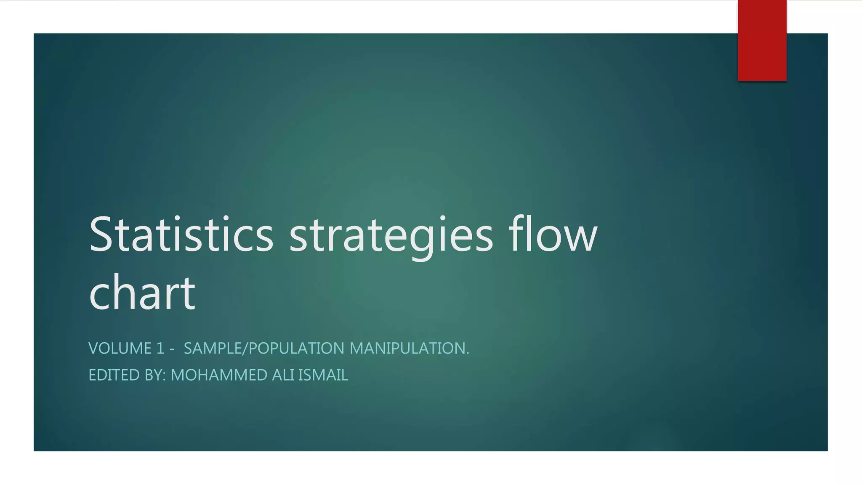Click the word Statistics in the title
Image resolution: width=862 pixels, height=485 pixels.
coord(181,234)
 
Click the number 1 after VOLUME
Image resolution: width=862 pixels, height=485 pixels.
coord(160,349)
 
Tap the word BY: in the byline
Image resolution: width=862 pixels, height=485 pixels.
coord(155,375)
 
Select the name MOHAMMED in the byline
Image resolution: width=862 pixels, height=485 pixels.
coord(219,375)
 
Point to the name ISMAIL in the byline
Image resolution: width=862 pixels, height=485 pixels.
coord(323,375)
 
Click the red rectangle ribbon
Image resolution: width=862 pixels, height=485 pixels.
coord(762,40)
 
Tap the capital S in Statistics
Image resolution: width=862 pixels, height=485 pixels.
coord(102,234)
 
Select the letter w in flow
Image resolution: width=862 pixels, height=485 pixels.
coord(580,238)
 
